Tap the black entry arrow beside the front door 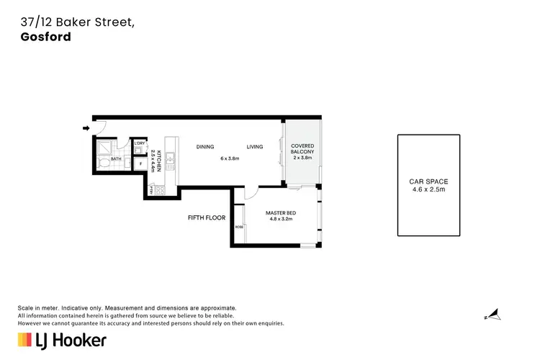coord(86,129)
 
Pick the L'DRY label coord(140,144)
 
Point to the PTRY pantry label coord(152,189)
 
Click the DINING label coord(206,147)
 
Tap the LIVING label coord(255,147)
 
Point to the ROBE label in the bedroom coord(239,228)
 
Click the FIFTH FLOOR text coord(207,217)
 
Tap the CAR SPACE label coord(428,181)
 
